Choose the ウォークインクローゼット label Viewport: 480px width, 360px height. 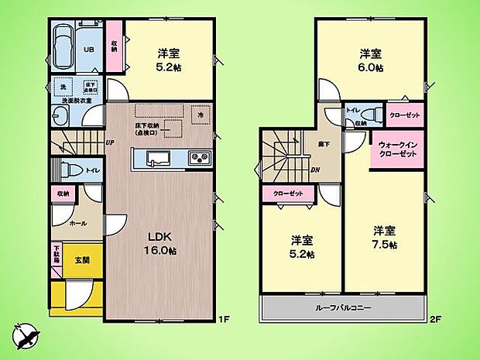coord(398,149)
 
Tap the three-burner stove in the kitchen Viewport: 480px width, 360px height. coord(199,158)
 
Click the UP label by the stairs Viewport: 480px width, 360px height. coord(111,142)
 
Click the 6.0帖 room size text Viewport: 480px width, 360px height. coord(370,68)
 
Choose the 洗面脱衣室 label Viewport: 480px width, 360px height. coord(72,101)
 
